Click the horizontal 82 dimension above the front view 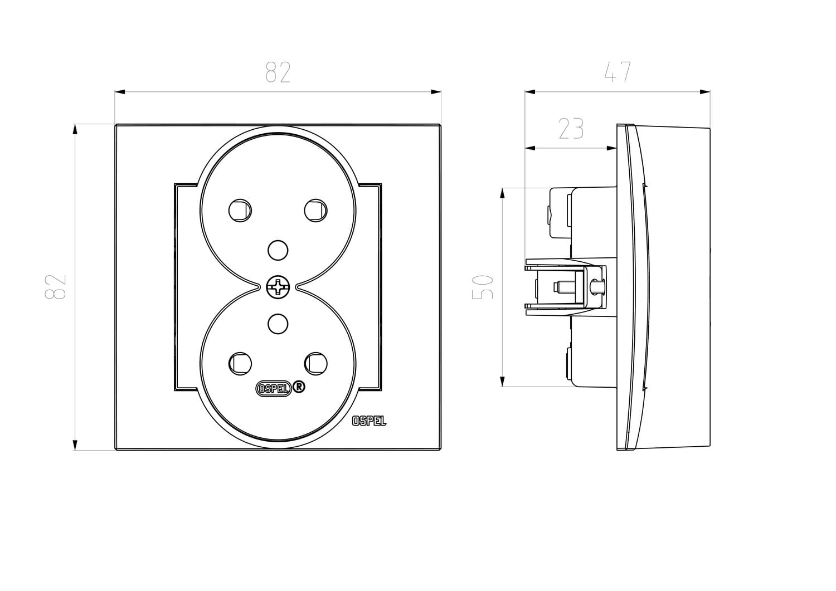click(x=278, y=72)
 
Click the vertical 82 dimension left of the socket click(x=56, y=287)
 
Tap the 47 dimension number click(x=618, y=72)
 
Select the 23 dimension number click(x=571, y=129)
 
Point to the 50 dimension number click(x=483, y=287)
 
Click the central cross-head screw click(x=278, y=287)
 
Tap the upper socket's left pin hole click(x=240, y=211)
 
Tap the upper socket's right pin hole click(x=316, y=211)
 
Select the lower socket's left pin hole click(x=240, y=364)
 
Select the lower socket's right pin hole click(x=316, y=364)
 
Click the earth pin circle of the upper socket click(x=278, y=250)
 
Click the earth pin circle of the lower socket click(x=278, y=324)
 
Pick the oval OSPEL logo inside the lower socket click(x=273, y=389)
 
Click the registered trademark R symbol click(x=299, y=387)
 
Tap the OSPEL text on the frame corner click(x=369, y=421)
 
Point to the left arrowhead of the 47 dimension click(x=530, y=92)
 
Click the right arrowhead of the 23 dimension click(x=611, y=148)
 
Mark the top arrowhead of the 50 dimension click(x=502, y=193)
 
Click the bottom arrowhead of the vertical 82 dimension click(x=75, y=445)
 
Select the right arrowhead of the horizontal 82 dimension click(x=436, y=92)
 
